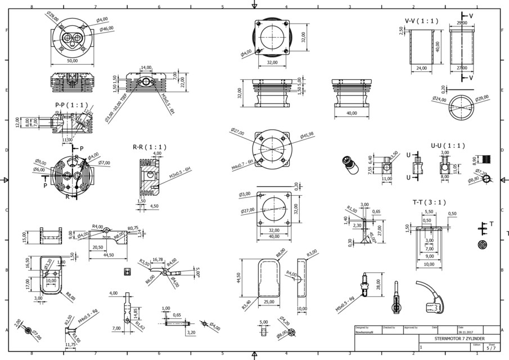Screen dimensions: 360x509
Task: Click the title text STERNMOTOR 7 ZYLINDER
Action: pos(458,340)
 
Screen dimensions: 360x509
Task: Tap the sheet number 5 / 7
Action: pos(491,349)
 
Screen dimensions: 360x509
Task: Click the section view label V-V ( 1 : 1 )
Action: pos(421,21)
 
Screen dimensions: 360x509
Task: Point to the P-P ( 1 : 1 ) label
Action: pos(71,105)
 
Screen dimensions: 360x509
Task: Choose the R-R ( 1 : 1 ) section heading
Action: pos(149,147)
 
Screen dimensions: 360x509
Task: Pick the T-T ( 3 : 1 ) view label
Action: pos(429,202)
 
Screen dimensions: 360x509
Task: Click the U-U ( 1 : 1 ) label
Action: pos(448,145)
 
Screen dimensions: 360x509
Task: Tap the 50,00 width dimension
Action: pos(73,60)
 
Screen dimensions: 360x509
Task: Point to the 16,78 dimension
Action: pos(157,259)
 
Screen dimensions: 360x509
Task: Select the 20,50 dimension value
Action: pos(97,247)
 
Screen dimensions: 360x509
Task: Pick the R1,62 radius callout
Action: pos(139,326)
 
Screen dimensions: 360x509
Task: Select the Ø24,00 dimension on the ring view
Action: pos(439,100)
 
